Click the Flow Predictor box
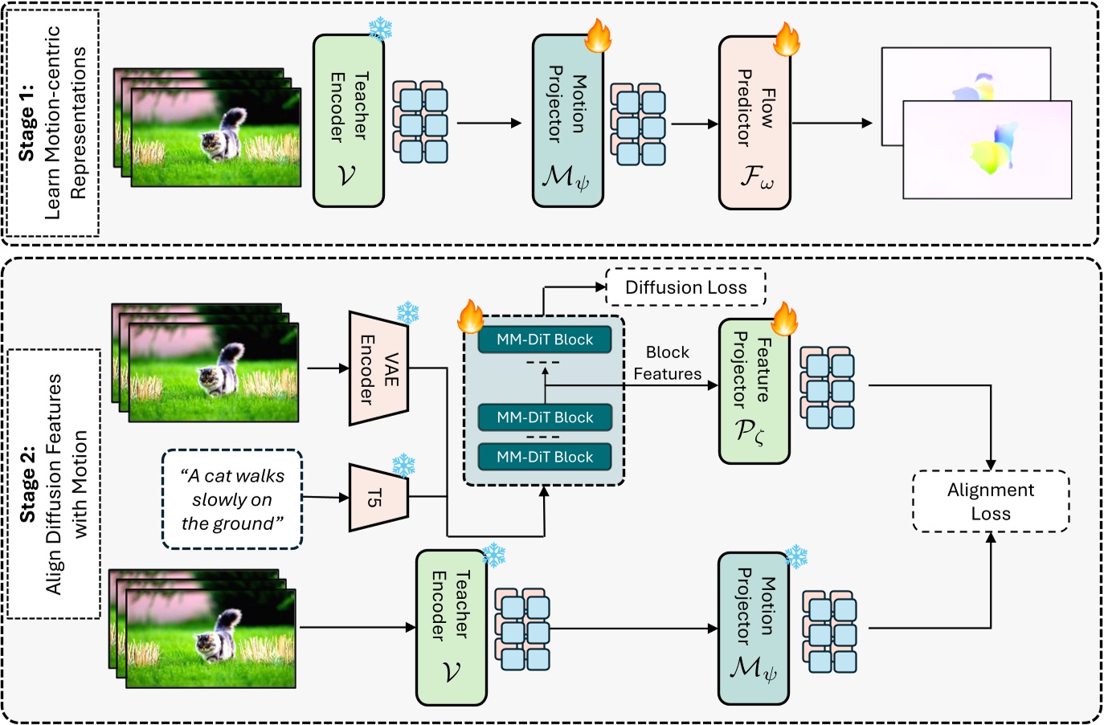click(754, 123)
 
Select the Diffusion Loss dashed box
click(685, 287)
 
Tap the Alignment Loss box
click(990, 502)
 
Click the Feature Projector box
click(754, 391)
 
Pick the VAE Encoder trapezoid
click(378, 369)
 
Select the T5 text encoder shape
click(378, 498)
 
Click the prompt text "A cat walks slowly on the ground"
click(232, 499)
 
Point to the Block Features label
click(667, 363)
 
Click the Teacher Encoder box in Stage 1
click(348, 120)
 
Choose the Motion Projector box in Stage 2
click(753, 628)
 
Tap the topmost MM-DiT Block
click(544, 340)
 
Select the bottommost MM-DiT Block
click(544, 457)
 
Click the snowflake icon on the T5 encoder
click(403, 465)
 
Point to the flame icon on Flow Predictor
click(786, 39)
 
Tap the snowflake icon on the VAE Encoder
click(408, 312)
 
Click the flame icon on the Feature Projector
click(784, 319)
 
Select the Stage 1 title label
click(52, 123)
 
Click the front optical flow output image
click(987, 150)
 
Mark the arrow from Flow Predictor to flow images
click(832, 124)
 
